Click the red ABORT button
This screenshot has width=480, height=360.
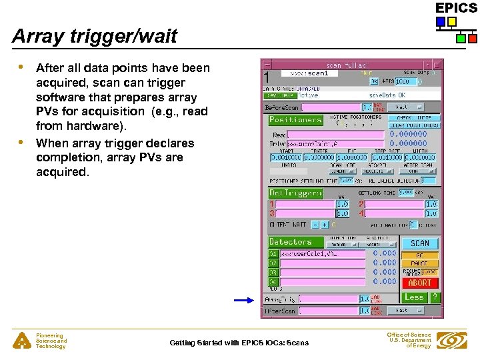(x=420, y=283)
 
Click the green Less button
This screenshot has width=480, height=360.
(x=414, y=297)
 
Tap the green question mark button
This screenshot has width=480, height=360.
(x=434, y=297)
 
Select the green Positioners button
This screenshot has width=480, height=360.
(x=295, y=120)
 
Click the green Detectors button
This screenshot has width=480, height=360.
(x=291, y=241)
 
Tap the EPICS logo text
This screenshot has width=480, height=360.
(x=456, y=8)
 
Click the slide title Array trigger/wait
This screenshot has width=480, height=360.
(x=95, y=36)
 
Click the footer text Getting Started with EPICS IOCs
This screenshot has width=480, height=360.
(x=239, y=343)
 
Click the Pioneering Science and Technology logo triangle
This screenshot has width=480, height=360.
(x=21, y=341)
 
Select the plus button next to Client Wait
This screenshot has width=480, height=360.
(x=325, y=225)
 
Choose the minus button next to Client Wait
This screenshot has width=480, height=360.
(x=316, y=225)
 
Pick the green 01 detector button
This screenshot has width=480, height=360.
(x=273, y=254)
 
